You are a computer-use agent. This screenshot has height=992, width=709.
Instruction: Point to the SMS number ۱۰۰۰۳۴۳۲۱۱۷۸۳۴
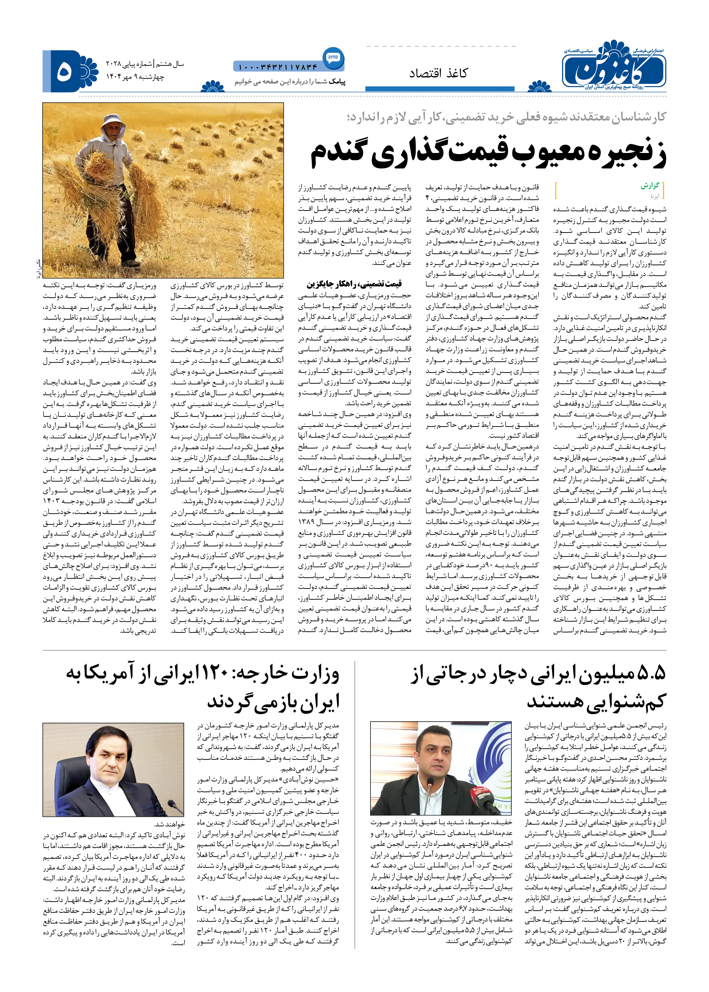(x=278, y=67)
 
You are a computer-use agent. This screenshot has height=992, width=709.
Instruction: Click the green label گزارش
(x=650, y=186)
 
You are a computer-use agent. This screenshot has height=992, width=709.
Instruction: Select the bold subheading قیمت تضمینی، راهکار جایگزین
(x=354, y=284)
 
